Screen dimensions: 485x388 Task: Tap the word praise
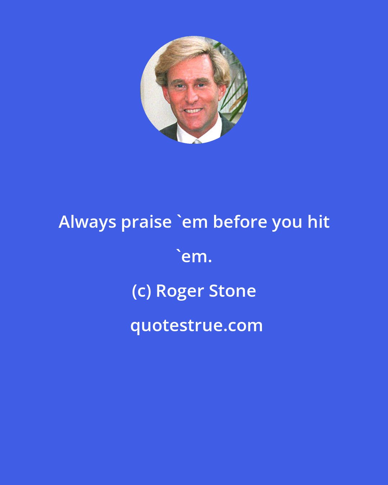146,222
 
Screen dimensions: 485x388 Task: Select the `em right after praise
192,222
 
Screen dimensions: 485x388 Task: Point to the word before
240,222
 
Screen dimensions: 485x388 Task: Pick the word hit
319,222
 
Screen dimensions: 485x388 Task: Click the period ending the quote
210,261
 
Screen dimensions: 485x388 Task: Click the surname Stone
232,291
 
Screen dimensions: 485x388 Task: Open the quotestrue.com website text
196,325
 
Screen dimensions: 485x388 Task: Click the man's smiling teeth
193,111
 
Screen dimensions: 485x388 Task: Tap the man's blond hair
190,54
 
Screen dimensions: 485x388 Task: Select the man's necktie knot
197,142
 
